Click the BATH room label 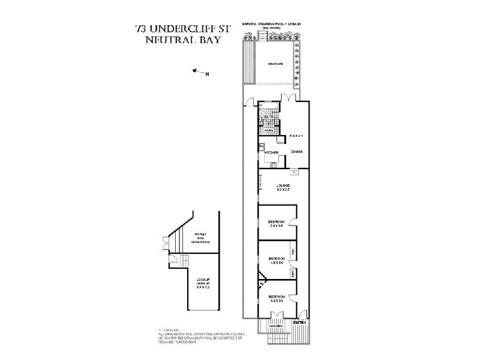click(x=268, y=116)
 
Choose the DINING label click(x=297, y=152)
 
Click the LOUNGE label click(x=283, y=186)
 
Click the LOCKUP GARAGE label click(x=203, y=283)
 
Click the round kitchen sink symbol click(x=274, y=164)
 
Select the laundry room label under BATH click(x=269, y=130)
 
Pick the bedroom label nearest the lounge click(x=277, y=224)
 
